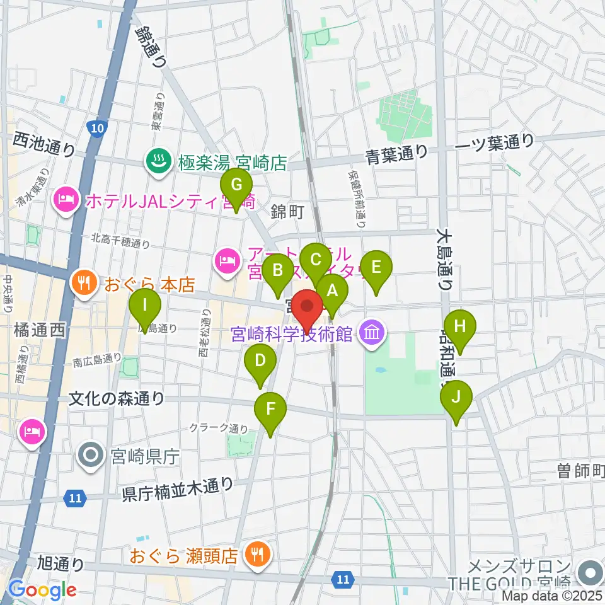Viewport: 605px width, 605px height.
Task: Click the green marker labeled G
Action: pyautogui.click(x=236, y=185)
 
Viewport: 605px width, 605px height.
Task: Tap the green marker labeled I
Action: pyautogui.click(x=145, y=306)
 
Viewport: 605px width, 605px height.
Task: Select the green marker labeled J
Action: pyautogui.click(x=455, y=397)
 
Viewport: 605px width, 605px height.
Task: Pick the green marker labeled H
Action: pyautogui.click(x=460, y=328)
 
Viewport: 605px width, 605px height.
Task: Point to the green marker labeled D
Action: pyautogui.click(x=260, y=362)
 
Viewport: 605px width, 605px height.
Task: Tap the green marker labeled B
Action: pyautogui.click(x=277, y=271)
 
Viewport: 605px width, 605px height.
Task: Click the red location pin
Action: pyautogui.click(x=308, y=307)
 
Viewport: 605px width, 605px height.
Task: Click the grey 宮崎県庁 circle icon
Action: pyautogui.click(x=91, y=456)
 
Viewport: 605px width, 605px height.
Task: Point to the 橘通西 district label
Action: pyautogui.click(x=38, y=330)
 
